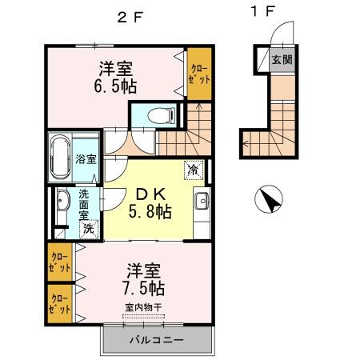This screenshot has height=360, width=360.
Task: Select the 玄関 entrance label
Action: pos(281,59)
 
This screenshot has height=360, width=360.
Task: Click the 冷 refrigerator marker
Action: pos(194,170)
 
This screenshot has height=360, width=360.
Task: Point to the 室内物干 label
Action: pos(144,306)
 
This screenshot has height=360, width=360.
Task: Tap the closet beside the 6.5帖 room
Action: pos(200,74)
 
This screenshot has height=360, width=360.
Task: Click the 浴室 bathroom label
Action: pos(86,158)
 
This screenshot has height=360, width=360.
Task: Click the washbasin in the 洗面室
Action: pos(62,206)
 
